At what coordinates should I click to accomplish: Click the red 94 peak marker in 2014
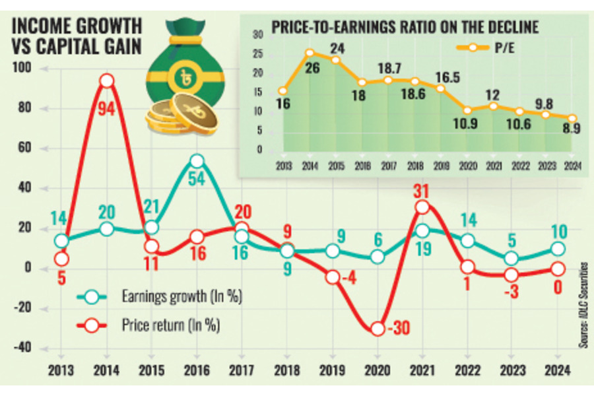click(107, 81)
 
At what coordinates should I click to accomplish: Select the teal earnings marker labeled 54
click(197, 161)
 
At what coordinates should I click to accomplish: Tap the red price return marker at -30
click(377, 328)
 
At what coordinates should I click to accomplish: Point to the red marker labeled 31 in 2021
click(422, 207)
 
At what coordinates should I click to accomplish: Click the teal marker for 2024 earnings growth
click(558, 248)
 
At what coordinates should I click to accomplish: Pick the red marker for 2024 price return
click(558, 269)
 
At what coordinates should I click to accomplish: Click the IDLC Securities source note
click(583, 311)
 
